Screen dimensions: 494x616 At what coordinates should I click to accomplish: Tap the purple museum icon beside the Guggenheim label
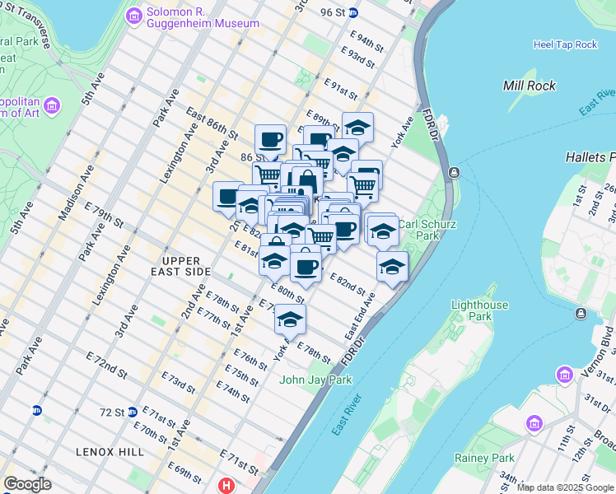click(133, 16)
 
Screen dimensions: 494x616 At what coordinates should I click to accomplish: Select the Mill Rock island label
click(529, 86)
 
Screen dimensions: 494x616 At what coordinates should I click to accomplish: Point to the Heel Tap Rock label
click(565, 44)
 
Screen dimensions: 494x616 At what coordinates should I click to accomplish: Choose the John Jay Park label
click(315, 380)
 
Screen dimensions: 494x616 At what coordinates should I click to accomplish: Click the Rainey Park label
click(491, 458)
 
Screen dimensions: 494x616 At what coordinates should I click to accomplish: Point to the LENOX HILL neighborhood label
click(110, 452)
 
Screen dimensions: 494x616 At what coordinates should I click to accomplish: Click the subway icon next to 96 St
click(352, 12)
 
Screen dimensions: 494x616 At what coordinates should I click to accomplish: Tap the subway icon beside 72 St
click(37, 410)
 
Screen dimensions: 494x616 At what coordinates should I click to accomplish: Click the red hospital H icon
click(226, 486)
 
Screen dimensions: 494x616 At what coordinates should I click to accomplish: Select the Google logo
click(27, 484)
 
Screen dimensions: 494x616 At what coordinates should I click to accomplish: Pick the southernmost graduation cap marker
click(290, 319)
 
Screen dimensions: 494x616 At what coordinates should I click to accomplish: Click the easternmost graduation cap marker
click(393, 267)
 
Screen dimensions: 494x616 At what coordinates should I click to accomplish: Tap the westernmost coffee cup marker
click(228, 196)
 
